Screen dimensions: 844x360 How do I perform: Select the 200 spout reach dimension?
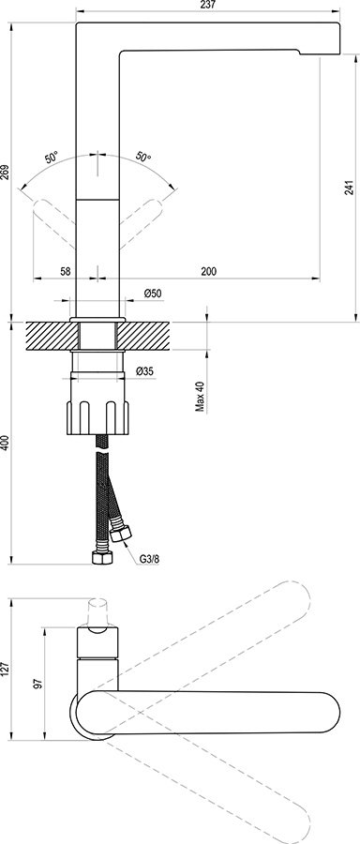click(208, 271)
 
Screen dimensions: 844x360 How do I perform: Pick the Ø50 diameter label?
click(154, 294)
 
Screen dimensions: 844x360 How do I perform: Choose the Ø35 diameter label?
click(144, 372)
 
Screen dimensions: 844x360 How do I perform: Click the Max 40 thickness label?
click(199, 396)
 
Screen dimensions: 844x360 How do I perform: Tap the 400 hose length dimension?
click(6, 444)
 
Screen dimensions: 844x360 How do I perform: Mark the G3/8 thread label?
click(150, 560)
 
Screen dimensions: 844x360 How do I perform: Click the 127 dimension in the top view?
click(6, 668)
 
